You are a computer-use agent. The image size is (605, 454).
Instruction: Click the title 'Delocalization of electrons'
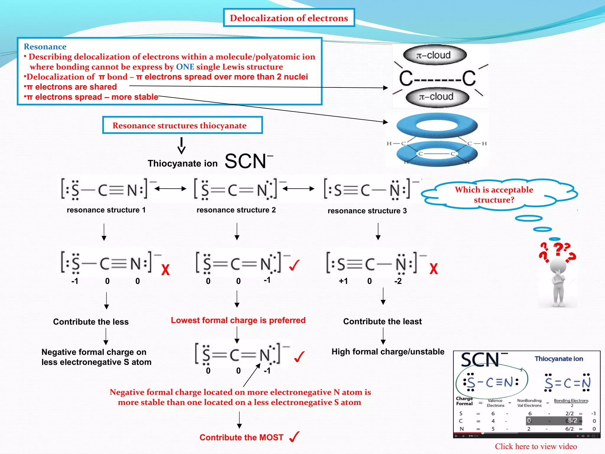tap(289, 18)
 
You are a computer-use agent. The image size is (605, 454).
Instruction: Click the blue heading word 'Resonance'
tap(45, 47)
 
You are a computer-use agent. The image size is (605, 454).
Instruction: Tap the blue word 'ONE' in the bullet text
tap(185, 67)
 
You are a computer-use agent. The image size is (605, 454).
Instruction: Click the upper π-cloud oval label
tap(435, 55)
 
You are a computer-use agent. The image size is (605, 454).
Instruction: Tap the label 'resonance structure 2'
tap(236, 210)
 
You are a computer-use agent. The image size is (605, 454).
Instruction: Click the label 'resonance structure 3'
tap(367, 211)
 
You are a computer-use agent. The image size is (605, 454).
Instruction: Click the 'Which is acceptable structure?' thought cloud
tap(494, 194)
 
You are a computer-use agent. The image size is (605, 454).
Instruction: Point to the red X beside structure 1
tap(165, 270)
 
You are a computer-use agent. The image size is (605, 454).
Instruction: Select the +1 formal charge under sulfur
tap(343, 281)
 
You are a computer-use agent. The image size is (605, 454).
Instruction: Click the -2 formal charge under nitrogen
tap(398, 281)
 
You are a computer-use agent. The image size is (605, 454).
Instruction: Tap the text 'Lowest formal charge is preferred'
tap(238, 320)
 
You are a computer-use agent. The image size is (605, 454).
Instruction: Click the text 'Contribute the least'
tap(382, 321)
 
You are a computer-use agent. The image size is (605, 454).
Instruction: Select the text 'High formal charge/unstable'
tap(388, 351)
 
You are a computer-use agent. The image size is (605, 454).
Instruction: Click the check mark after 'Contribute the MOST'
tap(295, 437)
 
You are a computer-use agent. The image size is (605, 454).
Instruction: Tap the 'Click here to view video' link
tap(536, 446)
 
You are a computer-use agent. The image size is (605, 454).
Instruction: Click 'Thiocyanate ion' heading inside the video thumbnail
tap(559, 359)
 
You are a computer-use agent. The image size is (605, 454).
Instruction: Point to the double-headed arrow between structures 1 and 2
tap(170, 189)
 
